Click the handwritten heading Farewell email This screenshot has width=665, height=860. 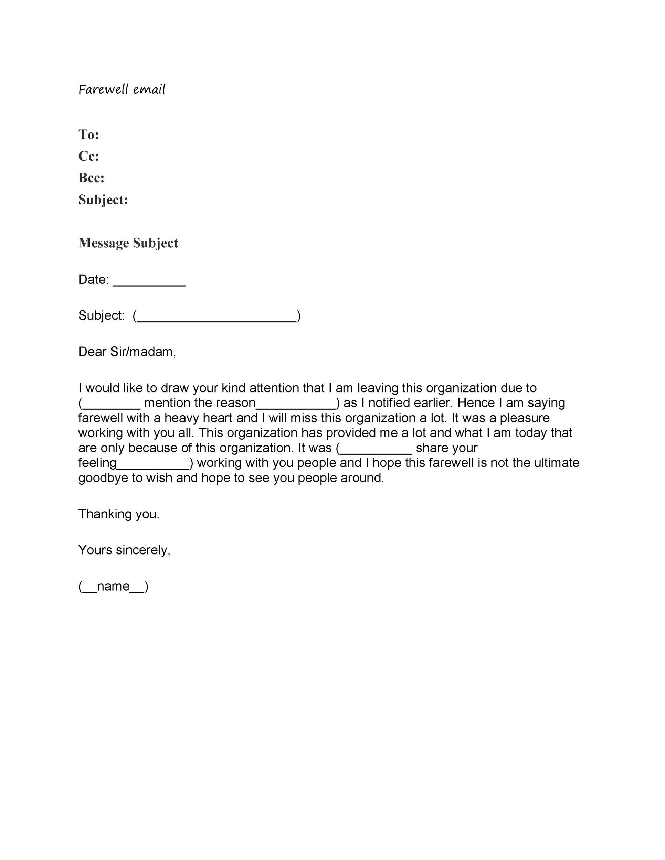(122, 89)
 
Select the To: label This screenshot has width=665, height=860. (89, 135)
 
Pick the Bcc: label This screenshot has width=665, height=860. (91, 178)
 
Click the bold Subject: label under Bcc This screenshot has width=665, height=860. (103, 200)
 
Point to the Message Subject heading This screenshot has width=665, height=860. (128, 243)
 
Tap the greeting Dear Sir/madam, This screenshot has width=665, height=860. (127, 352)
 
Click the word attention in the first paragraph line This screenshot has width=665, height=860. (274, 388)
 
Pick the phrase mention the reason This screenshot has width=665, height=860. (200, 403)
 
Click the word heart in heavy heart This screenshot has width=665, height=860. (218, 418)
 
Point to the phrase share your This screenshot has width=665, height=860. (446, 448)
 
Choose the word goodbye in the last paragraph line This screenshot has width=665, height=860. (103, 478)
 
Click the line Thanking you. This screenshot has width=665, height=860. (119, 514)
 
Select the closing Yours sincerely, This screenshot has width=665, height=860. (124, 550)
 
